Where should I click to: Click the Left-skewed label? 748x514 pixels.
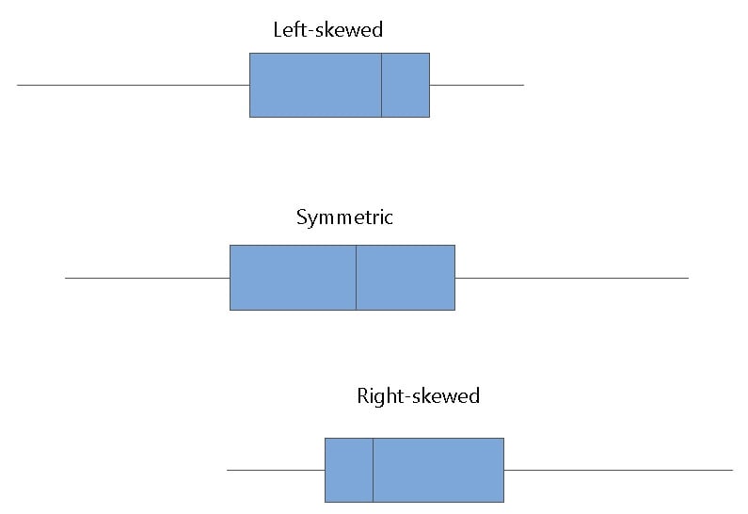click(x=327, y=30)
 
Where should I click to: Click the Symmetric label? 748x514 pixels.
click(x=344, y=218)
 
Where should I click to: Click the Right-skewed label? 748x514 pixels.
click(x=418, y=395)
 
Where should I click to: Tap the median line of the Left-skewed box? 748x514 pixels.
click(x=381, y=85)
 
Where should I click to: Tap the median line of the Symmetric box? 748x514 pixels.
click(x=356, y=278)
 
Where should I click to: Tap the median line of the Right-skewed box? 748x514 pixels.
click(x=374, y=470)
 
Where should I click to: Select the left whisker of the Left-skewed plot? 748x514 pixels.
click(x=133, y=85)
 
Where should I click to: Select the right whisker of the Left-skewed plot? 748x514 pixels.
click(x=476, y=85)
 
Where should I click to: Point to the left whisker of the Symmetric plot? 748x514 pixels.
click(x=147, y=278)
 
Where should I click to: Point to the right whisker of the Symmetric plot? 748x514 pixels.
click(x=571, y=278)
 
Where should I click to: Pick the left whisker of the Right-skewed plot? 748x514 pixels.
click(x=276, y=470)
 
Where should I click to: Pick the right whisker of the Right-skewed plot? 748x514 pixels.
click(x=618, y=470)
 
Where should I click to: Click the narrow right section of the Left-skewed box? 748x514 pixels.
click(x=406, y=85)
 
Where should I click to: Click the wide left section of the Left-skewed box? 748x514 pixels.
click(x=315, y=85)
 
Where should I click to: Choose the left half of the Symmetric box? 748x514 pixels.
click(x=293, y=278)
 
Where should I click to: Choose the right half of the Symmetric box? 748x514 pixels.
click(x=406, y=278)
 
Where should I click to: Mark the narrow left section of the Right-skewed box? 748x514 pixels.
click(x=349, y=470)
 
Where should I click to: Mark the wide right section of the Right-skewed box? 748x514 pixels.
click(x=438, y=470)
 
